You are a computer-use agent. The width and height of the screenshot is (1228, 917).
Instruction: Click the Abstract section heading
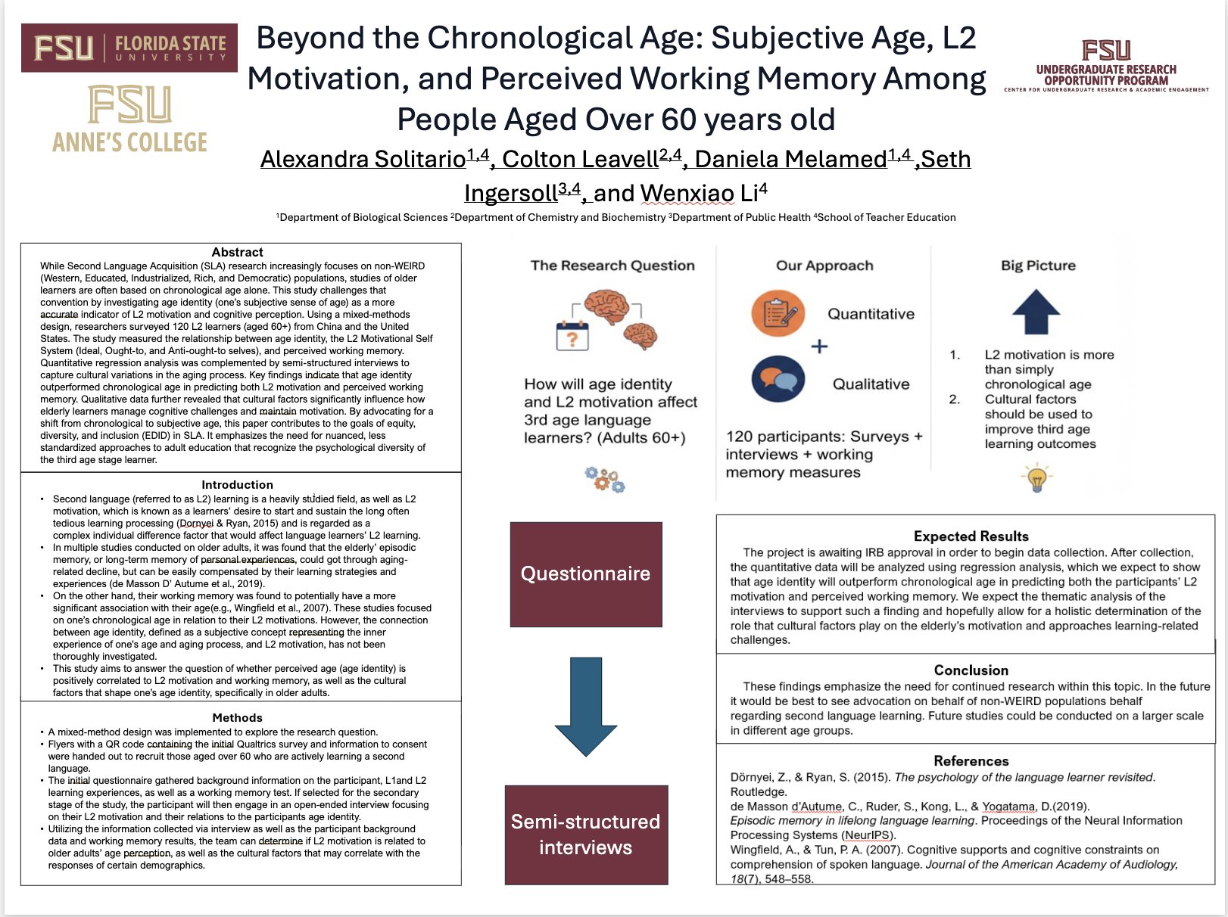(x=237, y=253)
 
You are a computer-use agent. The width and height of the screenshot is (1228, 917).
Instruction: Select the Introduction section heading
(x=237, y=485)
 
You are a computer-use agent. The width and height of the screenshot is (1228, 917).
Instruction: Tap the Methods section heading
(x=237, y=718)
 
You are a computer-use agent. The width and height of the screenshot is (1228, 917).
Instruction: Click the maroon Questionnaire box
(x=586, y=574)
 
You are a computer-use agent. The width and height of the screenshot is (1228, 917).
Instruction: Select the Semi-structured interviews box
(x=586, y=835)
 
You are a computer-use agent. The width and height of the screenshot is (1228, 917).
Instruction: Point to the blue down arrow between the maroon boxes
(x=586, y=706)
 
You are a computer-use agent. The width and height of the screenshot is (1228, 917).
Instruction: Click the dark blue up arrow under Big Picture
(x=1036, y=312)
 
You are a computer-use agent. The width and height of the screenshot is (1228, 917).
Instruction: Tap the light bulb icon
(x=1036, y=478)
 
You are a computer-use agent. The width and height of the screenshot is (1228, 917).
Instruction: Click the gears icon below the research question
(x=604, y=480)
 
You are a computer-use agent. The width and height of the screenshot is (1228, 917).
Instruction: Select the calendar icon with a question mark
(x=572, y=334)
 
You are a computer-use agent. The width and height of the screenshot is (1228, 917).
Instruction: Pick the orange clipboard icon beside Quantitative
(x=778, y=312)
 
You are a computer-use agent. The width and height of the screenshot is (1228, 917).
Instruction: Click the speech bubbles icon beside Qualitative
(x=778, y=378)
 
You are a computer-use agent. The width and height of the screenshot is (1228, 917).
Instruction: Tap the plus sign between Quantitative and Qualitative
(x=819, y=347)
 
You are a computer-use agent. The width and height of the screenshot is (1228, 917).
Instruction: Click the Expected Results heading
(x=971, y=536)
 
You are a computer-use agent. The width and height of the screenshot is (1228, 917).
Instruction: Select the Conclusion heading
(x=971, y=670)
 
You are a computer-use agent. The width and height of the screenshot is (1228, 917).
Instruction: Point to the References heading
(x=971, y=761)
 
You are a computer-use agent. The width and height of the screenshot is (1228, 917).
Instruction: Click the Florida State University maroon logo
(x=129, y=48)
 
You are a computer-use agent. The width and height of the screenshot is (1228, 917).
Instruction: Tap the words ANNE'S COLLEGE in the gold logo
(x=129, y=141)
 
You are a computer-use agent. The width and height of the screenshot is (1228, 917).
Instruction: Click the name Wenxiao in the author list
(x=687, y=194)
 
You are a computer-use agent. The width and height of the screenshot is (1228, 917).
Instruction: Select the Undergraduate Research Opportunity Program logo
(x=1106, y=67)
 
